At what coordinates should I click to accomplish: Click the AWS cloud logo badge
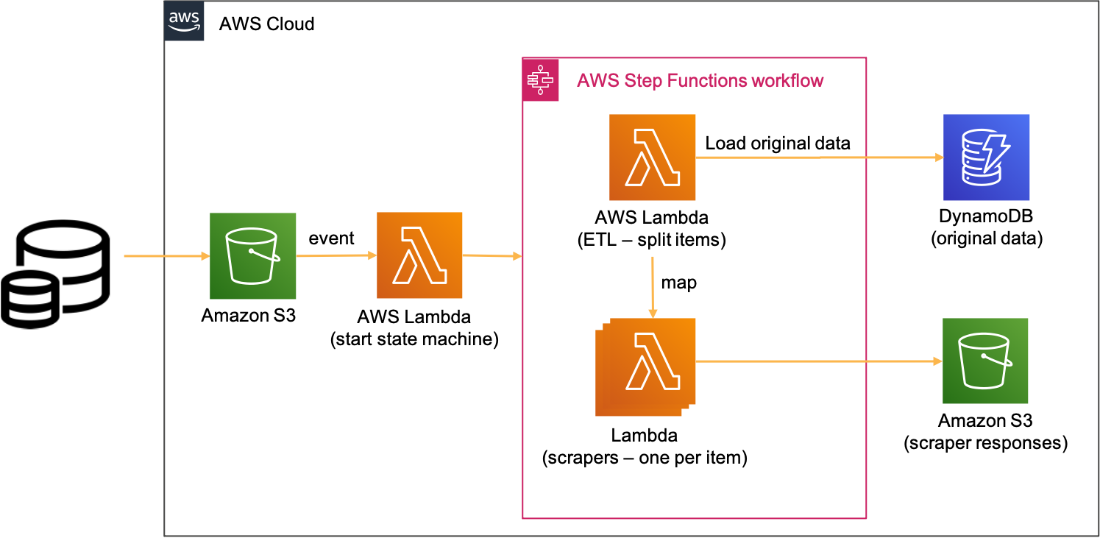[184, 21]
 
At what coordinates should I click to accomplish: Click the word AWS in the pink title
[597, 81]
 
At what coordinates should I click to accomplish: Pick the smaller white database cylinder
[29, 300]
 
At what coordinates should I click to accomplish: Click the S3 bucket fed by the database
[253, 256]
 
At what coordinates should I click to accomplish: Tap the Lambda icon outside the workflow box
[419, 255]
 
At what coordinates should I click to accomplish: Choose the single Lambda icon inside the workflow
[653, 157]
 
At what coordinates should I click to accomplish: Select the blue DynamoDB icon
[987, 157]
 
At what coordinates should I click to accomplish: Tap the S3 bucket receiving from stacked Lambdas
[985, 361]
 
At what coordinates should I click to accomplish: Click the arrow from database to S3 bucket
[166, 256]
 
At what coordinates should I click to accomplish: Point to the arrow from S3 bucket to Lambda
[336, 256]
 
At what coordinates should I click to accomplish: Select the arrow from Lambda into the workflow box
[492, 256]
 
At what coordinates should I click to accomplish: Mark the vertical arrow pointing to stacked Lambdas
[653, 287]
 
